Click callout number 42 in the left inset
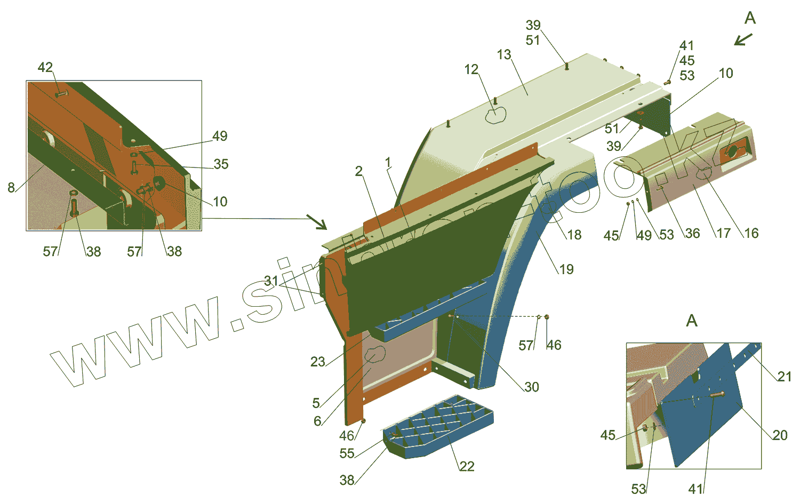[x=45, y=68]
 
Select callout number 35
[x=221, y=164]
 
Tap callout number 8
[x=11, y=187]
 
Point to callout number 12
[x=471, y=69]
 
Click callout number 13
[x=504, y=54]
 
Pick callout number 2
[x=359, y=171]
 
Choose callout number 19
[x=566, y=269]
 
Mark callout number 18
[x=574, y=235]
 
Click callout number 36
[x=692, y=233]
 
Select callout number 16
[x=751, y=233]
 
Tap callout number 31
[x=271, y=281]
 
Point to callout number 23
[x=318, y=362]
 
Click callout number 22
[x=467, y=467]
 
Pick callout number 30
[x=532, y=387]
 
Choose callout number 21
[x=784, y=377]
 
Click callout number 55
[x=347, y=453]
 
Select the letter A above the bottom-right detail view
[x=692, y=321]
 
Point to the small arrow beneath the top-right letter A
[x=742, y=39]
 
